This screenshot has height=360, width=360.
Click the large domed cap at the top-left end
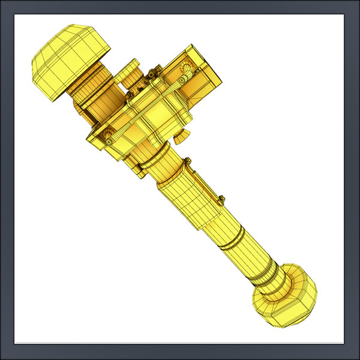coord(69,57)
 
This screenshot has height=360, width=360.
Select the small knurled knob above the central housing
coord(130,75)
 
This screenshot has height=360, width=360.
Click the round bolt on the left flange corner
coord(109,137)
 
